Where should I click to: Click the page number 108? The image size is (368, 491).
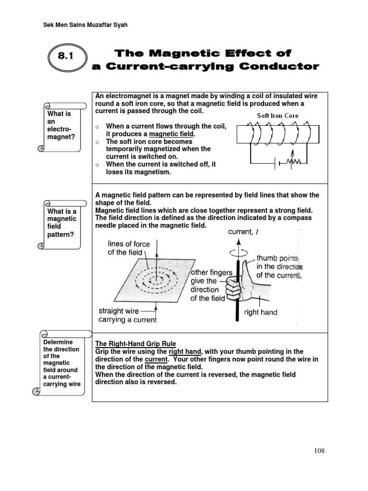click(x=320, y=450)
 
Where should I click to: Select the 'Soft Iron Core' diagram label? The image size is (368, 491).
click(x=277, y=116)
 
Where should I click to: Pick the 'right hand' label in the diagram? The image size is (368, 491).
click(x=261, y=312)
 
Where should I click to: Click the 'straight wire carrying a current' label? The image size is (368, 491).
click(x=127, y=315)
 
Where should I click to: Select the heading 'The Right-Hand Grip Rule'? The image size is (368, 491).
click(x=136, y=344)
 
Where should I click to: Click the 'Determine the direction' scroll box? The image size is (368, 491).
click(x=62, y=363)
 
